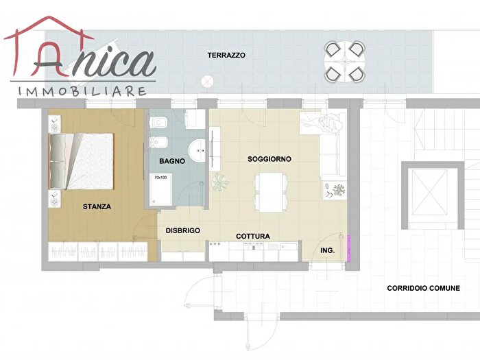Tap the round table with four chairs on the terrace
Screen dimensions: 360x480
(x=344, y=61)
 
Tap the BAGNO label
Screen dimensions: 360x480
(x=171, y=162)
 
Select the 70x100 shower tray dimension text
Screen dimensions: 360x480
(x=160, y=178)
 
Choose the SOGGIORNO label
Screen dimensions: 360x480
(x=269, y=159)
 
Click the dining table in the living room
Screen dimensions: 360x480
(x=271, y=191)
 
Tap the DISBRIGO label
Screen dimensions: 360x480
(x=183, y=231)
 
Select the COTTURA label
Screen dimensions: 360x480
(x=253, y=237)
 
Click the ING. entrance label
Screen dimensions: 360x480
(x=328, y=251)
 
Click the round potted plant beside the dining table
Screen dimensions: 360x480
(x=219, y=182)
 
